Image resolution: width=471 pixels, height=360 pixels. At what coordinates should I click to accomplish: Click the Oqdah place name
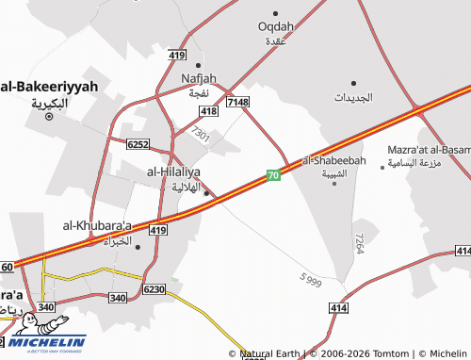coord(276,25)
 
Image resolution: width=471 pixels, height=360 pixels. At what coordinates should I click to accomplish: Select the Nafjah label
coord(200,78)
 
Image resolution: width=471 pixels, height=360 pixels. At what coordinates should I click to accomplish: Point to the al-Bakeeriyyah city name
coord(49,86)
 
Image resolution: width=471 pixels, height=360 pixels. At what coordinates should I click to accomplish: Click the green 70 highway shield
coord(272,175)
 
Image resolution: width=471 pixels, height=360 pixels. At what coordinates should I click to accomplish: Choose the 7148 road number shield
coord(237,102)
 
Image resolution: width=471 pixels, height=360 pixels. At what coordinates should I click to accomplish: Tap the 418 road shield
coord(209,111)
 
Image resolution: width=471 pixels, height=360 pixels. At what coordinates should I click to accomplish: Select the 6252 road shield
coord(138,143)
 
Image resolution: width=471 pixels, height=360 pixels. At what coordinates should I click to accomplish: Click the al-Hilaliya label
coord(173,172)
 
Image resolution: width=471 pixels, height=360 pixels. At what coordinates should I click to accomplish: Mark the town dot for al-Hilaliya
coord(206,193)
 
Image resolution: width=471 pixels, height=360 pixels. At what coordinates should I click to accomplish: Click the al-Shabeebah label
coord(333,161)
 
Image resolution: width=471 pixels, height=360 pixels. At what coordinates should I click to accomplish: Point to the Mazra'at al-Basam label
coord(429,150)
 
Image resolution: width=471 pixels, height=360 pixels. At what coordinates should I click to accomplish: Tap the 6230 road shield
coord(154,288)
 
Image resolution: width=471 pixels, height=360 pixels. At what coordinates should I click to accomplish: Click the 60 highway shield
coord(7,268)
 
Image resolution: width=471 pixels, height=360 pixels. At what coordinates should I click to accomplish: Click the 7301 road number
coord(200,136)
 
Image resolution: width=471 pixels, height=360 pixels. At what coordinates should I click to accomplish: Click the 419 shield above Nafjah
coord(177,57)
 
